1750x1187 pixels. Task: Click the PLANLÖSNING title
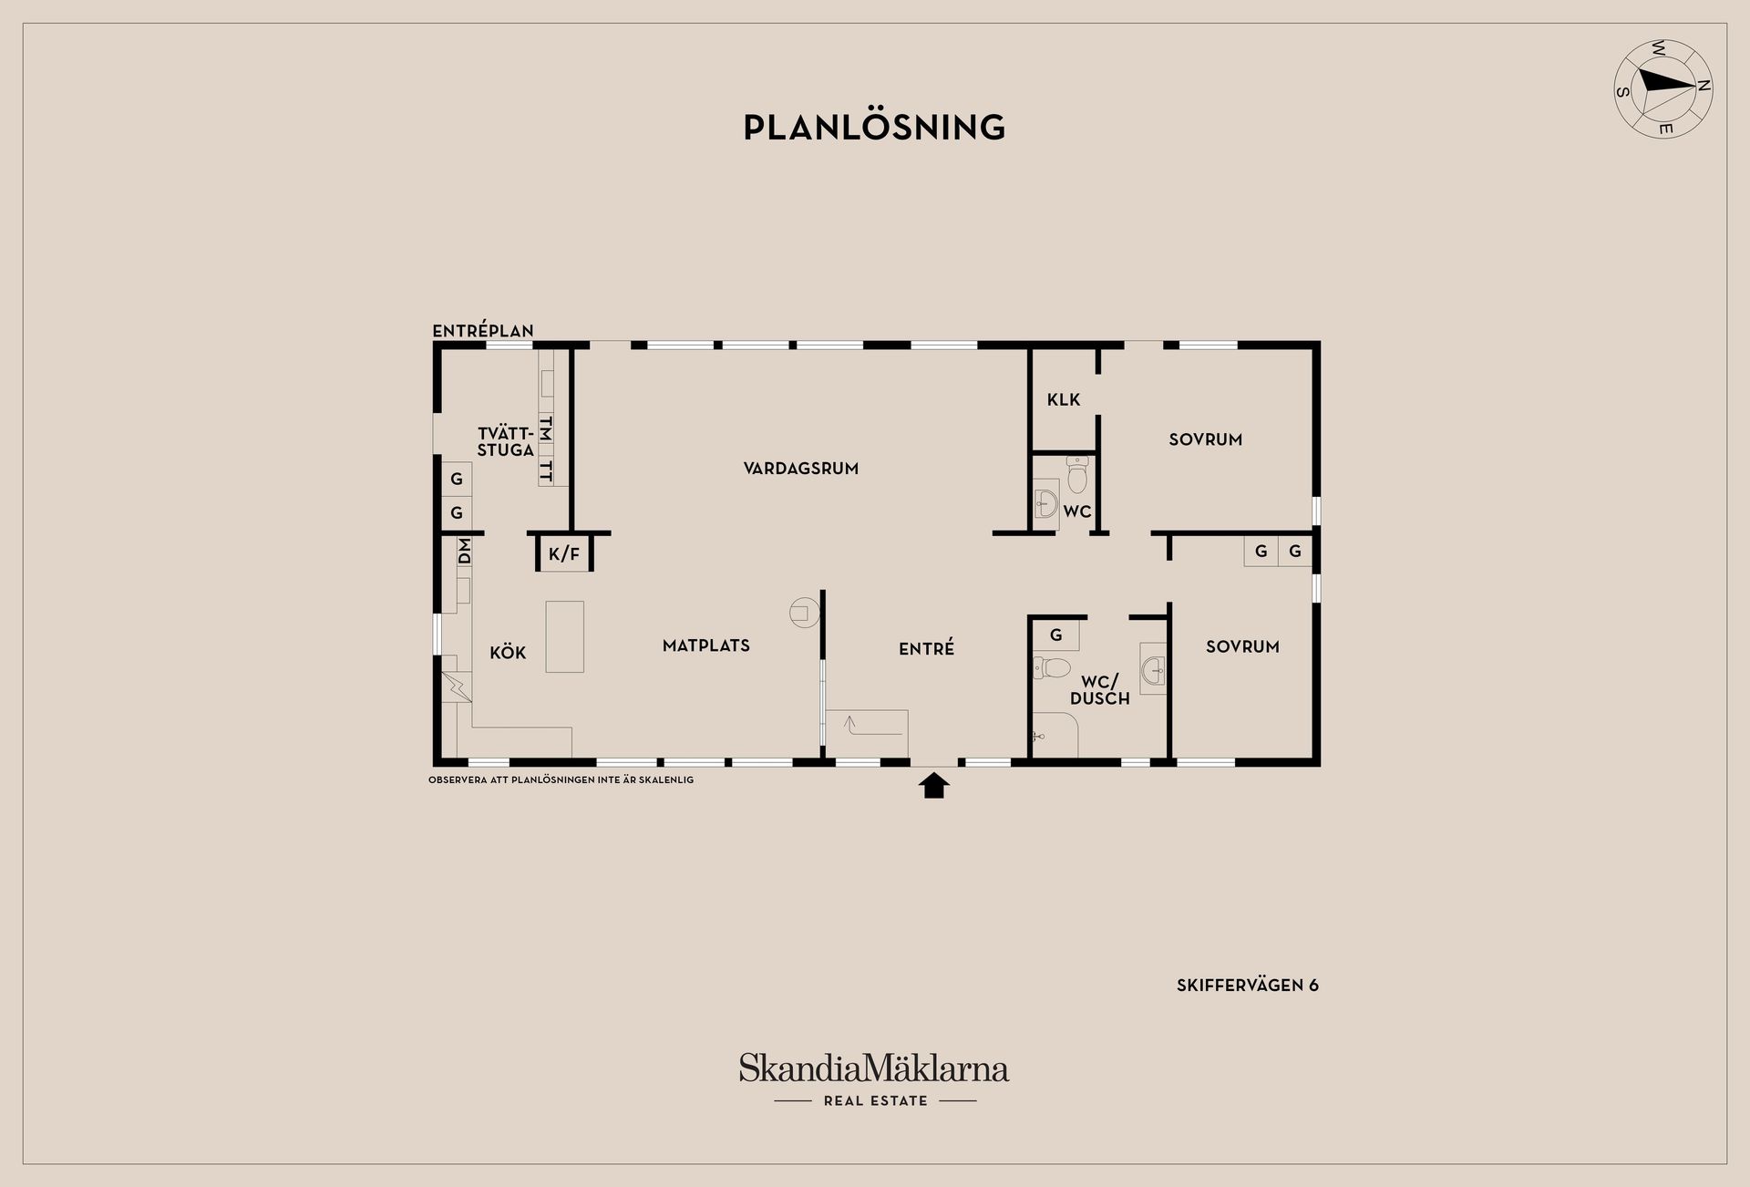874,127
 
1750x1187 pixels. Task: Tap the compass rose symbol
1663,89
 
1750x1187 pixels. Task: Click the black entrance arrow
933,785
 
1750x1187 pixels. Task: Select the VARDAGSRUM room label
800,469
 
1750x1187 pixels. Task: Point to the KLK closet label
1064,399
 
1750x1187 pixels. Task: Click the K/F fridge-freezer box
564,552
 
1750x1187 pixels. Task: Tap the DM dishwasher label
464,551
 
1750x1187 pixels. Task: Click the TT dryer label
546,470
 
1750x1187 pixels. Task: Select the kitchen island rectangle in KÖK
565,636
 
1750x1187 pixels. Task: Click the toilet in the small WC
1077,474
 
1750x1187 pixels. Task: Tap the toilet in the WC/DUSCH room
1051,667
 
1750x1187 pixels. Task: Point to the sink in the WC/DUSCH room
1153,669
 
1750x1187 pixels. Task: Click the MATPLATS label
706,645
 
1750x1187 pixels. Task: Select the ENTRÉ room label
926,648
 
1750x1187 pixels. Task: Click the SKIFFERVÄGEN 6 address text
1248,985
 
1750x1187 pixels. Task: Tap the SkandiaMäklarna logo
874,1079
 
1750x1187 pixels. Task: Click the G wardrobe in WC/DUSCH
1056,635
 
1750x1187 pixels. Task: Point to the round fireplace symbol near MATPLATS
804,613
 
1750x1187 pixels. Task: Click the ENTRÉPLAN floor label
483,331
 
